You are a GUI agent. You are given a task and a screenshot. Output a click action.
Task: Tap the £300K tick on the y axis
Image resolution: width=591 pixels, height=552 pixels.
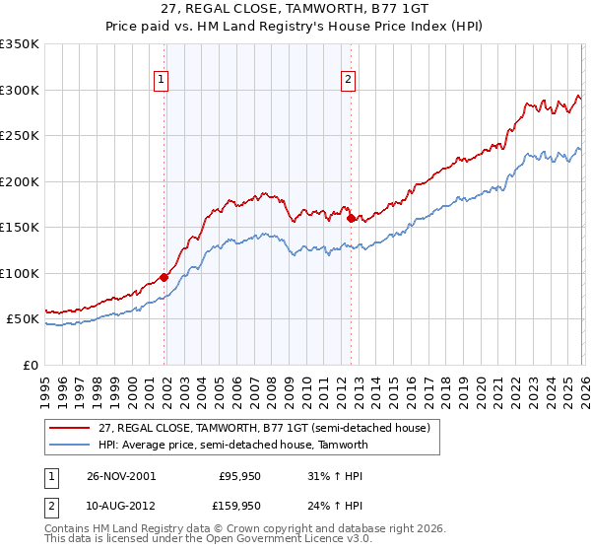(x=20, y=90)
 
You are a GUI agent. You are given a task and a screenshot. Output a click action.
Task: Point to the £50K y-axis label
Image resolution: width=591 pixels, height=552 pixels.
(x=23, y=319)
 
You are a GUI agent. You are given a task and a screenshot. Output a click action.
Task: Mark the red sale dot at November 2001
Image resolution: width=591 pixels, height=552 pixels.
(x=164, y=277)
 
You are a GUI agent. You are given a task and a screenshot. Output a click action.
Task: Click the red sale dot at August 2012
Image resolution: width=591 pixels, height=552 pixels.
(x=351, y=218)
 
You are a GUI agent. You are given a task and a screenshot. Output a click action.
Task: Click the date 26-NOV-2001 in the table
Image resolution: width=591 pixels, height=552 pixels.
(x=121, y=475)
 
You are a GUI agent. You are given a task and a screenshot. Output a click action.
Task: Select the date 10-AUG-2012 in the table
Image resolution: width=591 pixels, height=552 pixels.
(x=121, y=507)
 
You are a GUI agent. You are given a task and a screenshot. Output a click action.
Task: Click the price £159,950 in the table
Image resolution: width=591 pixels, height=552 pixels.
(x=239, y=507)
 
